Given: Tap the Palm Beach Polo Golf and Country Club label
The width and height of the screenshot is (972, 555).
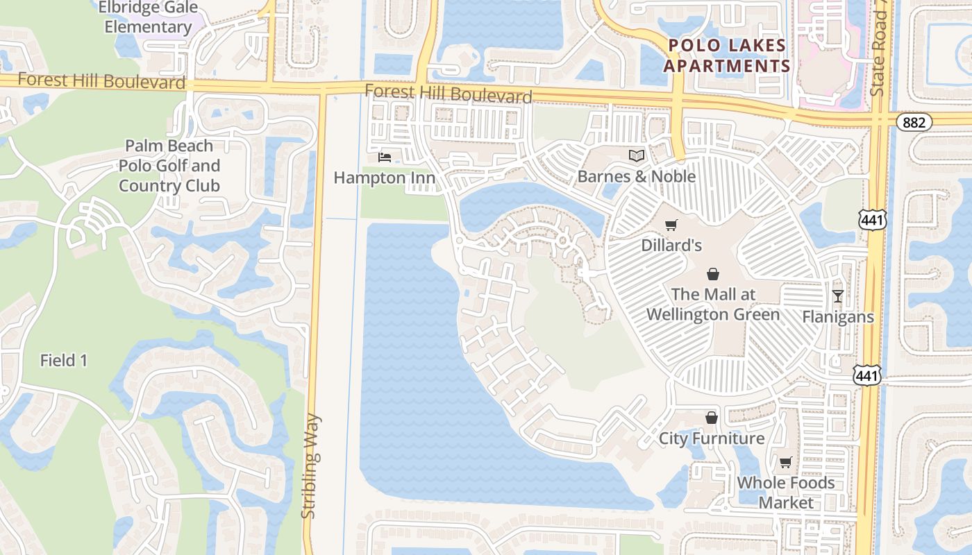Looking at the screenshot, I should point(169,166).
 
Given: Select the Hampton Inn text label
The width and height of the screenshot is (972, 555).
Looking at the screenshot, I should point(385,178).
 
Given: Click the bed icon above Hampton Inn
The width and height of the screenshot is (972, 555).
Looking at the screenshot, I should point(385,157).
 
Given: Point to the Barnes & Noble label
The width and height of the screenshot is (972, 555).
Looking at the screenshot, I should point(637,176).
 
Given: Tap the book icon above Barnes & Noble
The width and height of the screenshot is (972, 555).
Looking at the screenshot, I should point(637,156).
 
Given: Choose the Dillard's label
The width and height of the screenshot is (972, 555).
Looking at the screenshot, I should point(671,245).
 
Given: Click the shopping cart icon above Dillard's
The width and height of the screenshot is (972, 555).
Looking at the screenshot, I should point(671,225).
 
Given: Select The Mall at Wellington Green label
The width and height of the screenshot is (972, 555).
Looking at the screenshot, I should point(713,304).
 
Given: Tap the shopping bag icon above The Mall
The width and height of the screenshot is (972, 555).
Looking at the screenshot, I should point(713,274).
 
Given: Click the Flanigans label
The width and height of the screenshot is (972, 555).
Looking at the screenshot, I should point(838,317).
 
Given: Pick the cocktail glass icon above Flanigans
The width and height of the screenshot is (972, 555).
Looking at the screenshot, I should point(838,296).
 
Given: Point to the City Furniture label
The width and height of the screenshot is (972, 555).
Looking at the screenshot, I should point(712,438).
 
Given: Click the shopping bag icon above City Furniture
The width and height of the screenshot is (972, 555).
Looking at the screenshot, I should point(712,418).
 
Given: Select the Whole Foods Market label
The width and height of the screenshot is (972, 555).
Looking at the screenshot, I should point(786,492).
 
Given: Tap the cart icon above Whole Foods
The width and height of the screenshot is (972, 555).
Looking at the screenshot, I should point(786,462).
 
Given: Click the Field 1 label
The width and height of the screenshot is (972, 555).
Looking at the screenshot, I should point(64,360).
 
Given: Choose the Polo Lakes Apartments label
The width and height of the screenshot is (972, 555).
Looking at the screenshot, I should point(727,56).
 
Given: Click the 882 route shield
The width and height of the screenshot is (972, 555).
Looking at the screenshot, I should point(914,122).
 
